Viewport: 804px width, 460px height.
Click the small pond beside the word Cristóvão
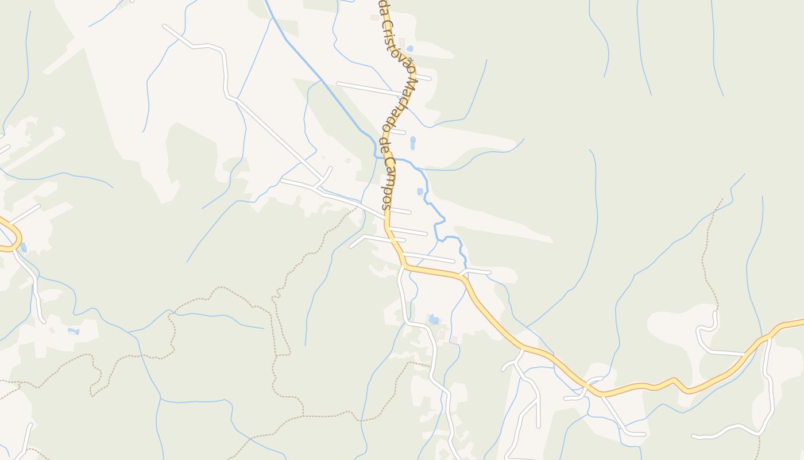pos(409,48)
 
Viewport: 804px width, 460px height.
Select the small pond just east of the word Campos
pos(420,191)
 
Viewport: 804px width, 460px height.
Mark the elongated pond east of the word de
pos(413,142)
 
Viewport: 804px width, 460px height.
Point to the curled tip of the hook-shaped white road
pos(715,313)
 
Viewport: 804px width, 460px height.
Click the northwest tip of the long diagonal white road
pos(165,26)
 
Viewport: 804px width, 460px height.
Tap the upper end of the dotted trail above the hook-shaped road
pos(722,200)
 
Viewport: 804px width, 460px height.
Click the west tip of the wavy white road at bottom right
pos(694,437)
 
